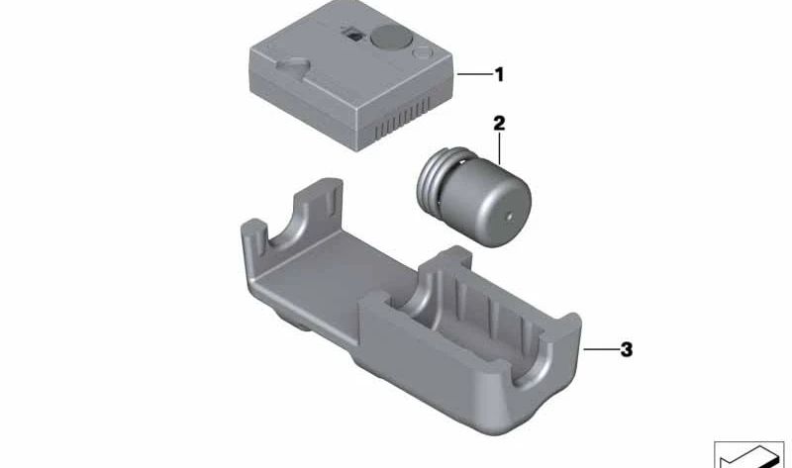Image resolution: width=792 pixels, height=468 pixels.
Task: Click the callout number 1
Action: point(499,75)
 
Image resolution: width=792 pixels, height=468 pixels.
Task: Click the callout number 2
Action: point(499,123)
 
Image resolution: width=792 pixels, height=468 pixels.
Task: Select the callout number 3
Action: point(627,349)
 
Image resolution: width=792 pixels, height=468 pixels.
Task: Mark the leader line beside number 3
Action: point(601,349)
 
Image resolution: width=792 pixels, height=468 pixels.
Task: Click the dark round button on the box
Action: point(391,37)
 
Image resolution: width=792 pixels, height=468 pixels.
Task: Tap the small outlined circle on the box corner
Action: point(422,53)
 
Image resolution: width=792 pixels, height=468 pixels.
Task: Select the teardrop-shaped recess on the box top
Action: point(291,66)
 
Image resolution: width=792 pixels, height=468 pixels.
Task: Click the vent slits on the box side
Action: point(403,118)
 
